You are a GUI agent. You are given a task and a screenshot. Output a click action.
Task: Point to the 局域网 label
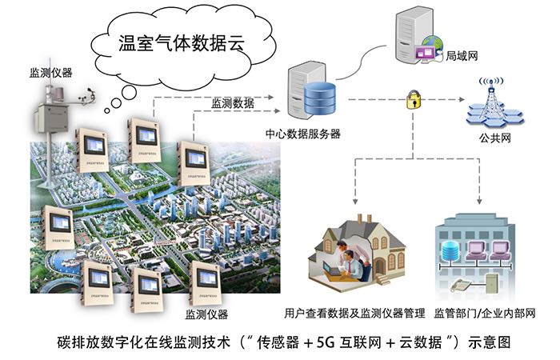coord(461,58)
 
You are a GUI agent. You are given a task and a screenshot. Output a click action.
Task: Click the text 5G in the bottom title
coord(324,342)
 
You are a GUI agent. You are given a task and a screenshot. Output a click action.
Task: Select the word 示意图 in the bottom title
coord(487,342)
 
